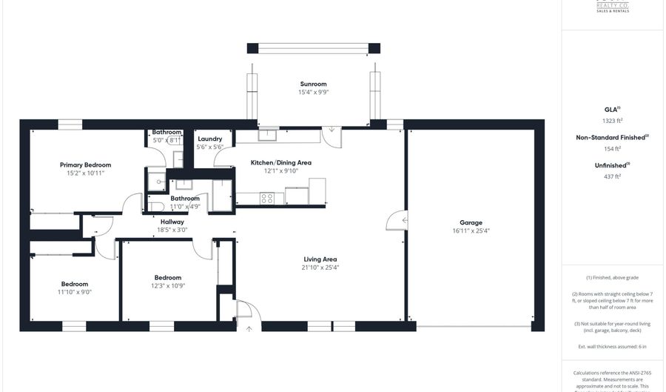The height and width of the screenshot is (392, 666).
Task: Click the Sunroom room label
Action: [x=313, y=84]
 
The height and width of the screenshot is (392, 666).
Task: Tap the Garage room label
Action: [x=471, y=222]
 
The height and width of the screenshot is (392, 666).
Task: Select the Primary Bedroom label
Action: [x=86, y=165]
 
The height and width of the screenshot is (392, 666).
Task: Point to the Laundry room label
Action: [x=210, y=139]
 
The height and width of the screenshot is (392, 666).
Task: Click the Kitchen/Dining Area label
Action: [x=281, y=162]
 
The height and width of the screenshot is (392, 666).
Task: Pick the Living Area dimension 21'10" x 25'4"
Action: [x=320, y=268]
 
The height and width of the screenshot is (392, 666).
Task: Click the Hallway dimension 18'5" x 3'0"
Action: [x=172, y=230]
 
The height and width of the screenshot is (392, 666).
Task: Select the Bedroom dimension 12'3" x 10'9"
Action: [x=167, y=285]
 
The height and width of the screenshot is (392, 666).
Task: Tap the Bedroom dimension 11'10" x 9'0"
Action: [x=75, y=292]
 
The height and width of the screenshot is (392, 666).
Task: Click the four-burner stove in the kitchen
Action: [x=266, y=198]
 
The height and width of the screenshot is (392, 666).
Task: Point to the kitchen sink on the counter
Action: [x=267, y=135]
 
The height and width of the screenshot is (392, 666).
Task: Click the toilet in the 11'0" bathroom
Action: [x=155, y=206]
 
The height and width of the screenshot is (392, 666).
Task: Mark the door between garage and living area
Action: [x=400, y=220]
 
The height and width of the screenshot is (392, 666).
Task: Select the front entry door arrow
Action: [x=249, y=328]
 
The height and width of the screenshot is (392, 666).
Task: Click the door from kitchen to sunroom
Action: [x=332, y=133]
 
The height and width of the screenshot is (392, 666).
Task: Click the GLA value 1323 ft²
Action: [x=611, y=120]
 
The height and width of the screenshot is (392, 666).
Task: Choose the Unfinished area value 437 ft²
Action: [x=611, y=176]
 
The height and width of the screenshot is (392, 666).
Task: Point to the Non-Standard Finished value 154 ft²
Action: [x=611, y=148]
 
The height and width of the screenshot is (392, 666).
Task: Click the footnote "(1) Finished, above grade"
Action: [x=611, y=277]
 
